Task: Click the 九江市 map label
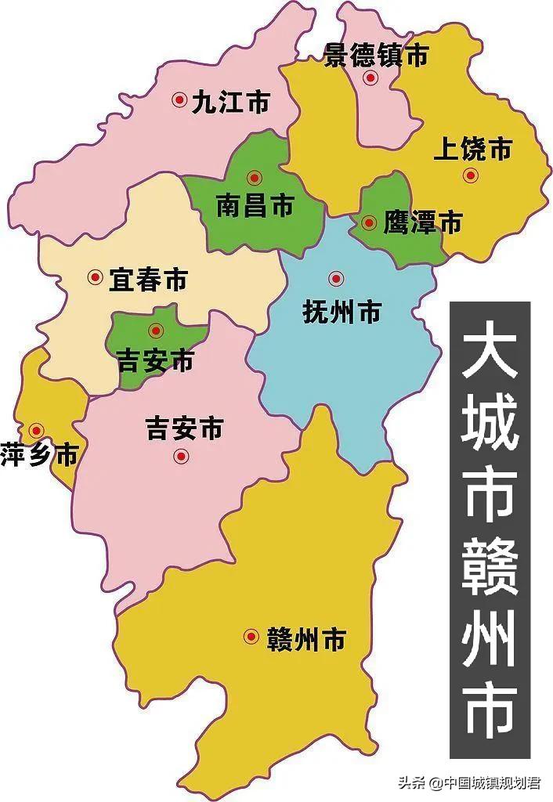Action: click(x=231, y=102)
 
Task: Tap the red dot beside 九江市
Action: click(x=179, y=99)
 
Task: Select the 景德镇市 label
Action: click(x=377, y=56)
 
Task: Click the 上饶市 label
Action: click(x=473, y=149)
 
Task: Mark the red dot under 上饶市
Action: click(x=470, y=175)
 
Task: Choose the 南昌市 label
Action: click(x=255, y=207)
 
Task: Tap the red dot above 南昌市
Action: click(x=252, y=178)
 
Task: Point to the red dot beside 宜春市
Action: click(x=96, y=276)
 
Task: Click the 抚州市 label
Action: click(x=342, y=312)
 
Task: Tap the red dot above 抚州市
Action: click(x=336, y=278)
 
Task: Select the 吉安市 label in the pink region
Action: click(x=185, y=428)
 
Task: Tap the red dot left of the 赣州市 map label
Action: click(x=251, y=636)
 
